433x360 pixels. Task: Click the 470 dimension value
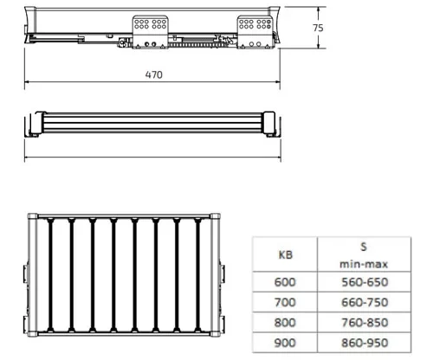click(x=154, y=74)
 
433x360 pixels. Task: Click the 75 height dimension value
click(x=318, y=28)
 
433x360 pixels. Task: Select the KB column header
click(x=286, y=255)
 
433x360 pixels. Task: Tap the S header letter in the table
click(x=364, y=247)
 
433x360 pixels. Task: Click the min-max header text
click(x=364, y=264)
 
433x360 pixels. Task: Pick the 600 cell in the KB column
click(x=285, y=282)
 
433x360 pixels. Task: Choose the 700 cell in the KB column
click(x=285, y=302)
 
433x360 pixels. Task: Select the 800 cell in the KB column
click(x=285, y=323)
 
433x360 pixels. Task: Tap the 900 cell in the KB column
click(x=285, y=343)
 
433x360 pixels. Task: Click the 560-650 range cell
click(x=365, y=282)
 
